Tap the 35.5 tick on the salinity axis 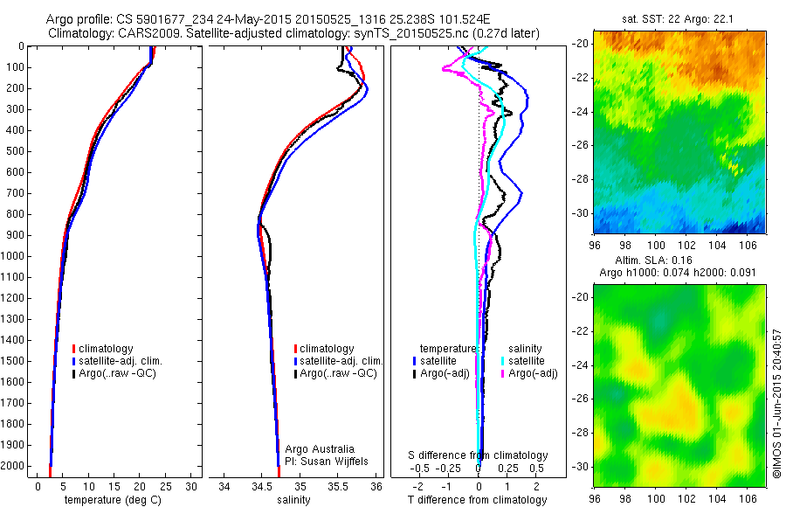pos(339,486)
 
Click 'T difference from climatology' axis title pos(477,500)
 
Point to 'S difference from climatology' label pos(479,455)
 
